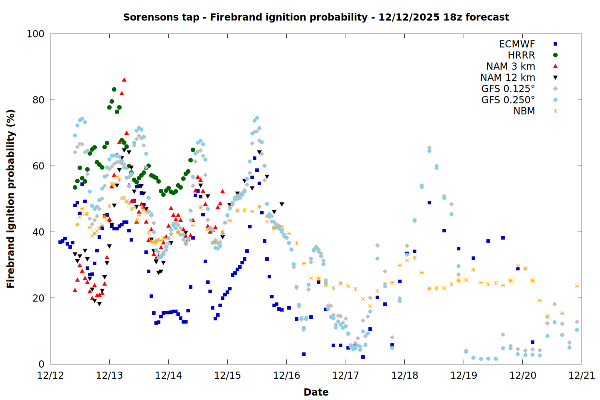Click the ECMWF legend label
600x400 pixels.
click(517, 44)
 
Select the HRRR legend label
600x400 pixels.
click(521, 55)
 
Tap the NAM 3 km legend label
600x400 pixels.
click(510, 66)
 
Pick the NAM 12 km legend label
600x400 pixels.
click(508, 78)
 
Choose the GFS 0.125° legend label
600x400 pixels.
click(508, 89)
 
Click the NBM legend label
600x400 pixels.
click(524, 111)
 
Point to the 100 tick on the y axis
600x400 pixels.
click(36, 34)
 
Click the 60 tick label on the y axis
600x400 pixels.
click(38, 166)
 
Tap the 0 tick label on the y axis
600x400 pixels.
click(41, 364)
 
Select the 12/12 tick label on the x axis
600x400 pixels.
click(50, 376)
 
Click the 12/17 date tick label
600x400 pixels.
click(346, 376)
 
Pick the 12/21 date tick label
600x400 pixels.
click(582, 376)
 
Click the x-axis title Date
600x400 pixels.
click(316, 392)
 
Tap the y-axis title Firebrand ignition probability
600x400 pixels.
click(11, 199)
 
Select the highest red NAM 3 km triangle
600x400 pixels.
click(124, 80)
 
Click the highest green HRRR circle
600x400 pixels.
click(114, 89)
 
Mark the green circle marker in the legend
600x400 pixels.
click(555, 55)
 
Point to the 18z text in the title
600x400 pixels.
click(453, 17)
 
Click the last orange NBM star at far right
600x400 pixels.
click(577, 286)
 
